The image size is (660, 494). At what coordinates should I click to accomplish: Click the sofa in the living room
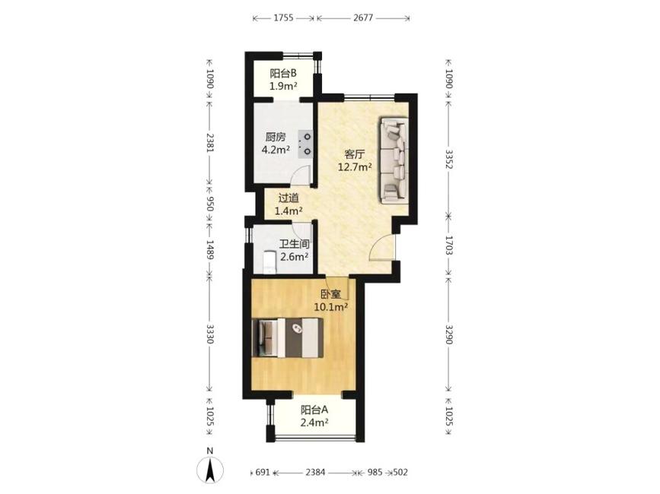[x=394, y=160]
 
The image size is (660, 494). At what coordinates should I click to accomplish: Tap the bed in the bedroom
[x=288, y=337]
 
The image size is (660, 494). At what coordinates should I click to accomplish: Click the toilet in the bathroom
[x=268, y=262]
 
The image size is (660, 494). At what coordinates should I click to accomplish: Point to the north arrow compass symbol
[x=210, y=467]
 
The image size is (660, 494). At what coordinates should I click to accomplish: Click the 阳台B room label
[x=283, y=74]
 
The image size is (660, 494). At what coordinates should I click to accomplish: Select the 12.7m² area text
[x=355, y=166]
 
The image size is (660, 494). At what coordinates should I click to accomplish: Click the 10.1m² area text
[x=331, y=307]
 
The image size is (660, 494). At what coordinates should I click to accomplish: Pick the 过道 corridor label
[x=289, y=198]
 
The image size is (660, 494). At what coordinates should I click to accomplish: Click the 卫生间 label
[x=295, y=244]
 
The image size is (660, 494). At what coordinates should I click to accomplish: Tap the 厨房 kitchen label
[x=276, y=137]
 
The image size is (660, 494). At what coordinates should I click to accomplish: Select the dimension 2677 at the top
[x=363, y=17]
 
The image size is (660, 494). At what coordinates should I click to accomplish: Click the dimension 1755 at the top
[x=283, y=17]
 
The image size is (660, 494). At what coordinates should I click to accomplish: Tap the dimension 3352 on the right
[x=448, y=159]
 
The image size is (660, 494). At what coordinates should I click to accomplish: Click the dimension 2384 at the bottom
[x=315, y=472]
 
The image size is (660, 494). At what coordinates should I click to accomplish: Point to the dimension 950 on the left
[x=210, y=204]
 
